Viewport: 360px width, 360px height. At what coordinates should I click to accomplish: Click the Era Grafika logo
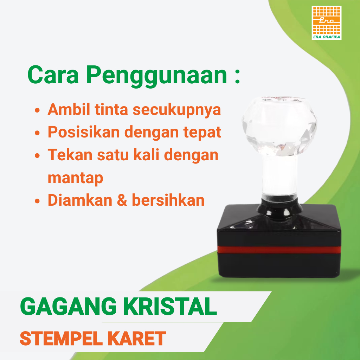click(x=326, y=22)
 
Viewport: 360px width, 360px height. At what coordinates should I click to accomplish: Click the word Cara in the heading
click(x=53, y=74)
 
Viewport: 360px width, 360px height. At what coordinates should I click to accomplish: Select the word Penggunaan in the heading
click(x=156, y=75)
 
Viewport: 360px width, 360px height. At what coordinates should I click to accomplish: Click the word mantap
click(x=75, y=178)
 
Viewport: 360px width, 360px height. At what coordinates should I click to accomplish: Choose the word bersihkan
click(x=168, y=200)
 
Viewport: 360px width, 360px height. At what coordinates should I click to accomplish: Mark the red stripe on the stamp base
click(x=279, y=250)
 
